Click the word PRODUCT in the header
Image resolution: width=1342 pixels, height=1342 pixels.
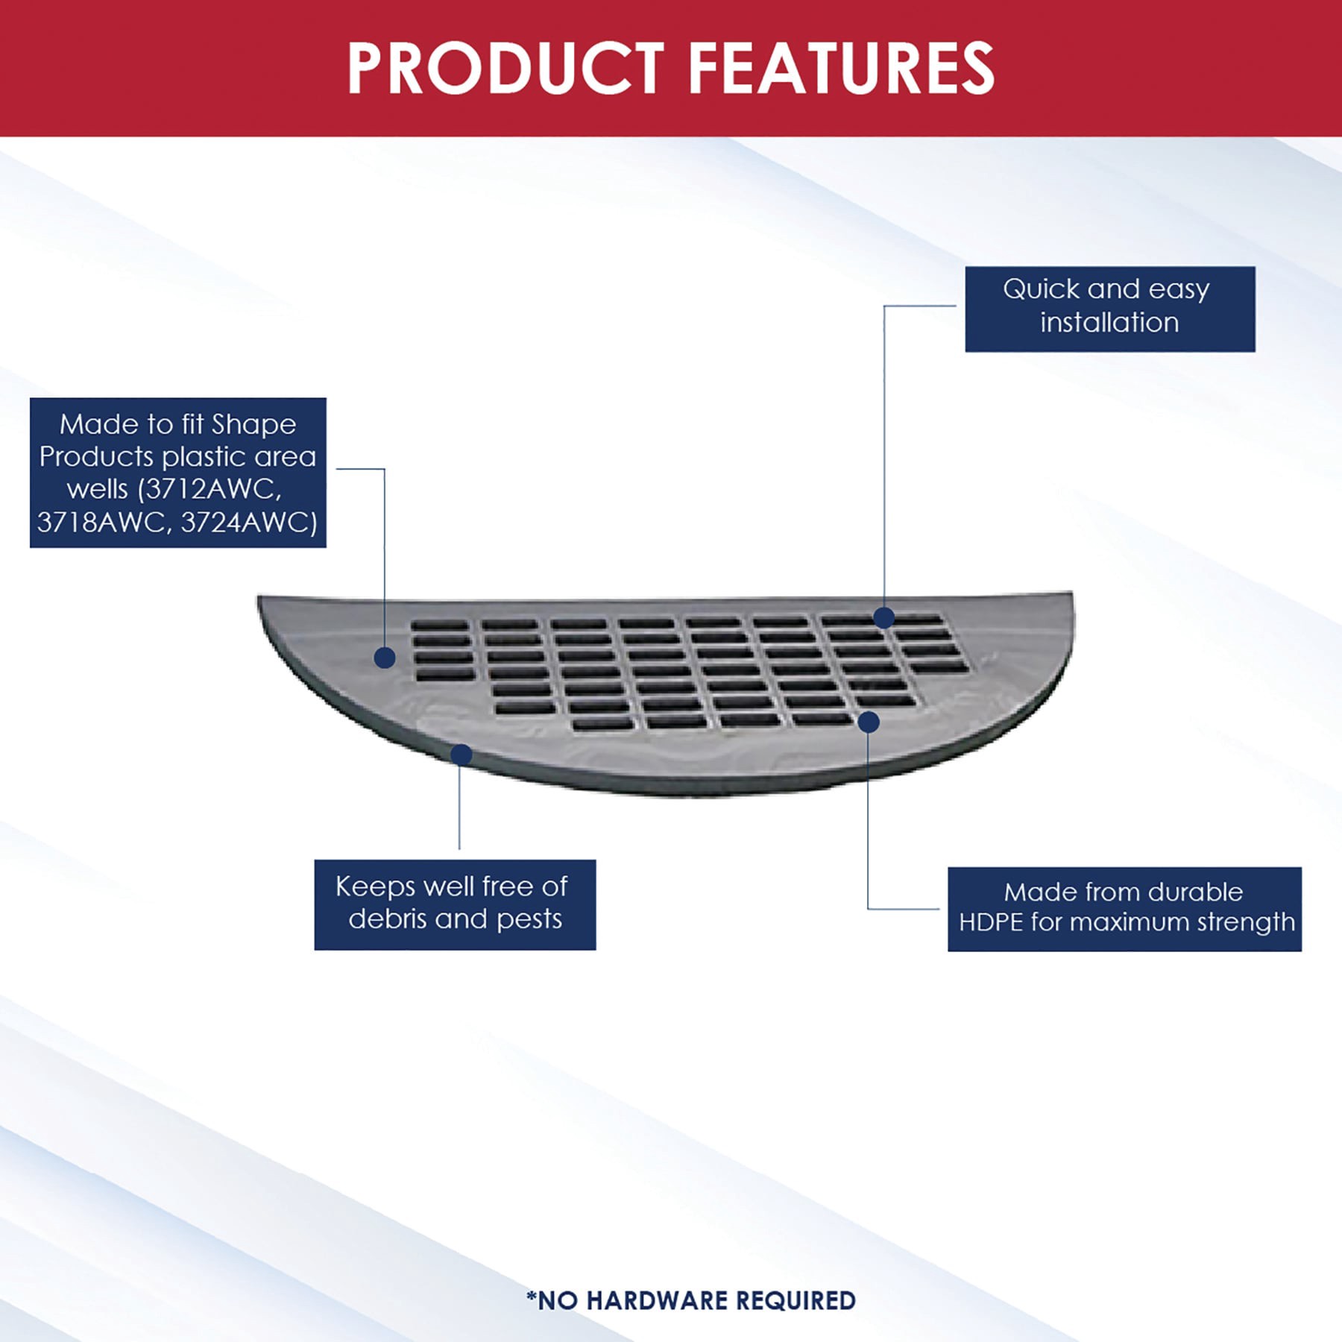coord(505,68)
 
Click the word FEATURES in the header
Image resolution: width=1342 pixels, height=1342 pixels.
coord(840,68)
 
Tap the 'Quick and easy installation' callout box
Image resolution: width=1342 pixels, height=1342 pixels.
coord(1109,309)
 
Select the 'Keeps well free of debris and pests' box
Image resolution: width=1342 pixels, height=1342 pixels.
coord(455,904)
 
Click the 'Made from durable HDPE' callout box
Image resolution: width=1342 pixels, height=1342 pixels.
coord(1124,909)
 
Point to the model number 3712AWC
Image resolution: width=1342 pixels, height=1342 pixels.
coord(212,489)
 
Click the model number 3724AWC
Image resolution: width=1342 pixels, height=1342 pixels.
coord(249,522)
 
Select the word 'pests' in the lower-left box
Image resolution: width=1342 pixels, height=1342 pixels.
coord(529,919)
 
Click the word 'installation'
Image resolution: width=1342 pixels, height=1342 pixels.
coord(1109,323)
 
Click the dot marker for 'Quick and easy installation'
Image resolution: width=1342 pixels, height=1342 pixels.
coord(884,617)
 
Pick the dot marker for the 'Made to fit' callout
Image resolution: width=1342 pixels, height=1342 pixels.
coord(385,658)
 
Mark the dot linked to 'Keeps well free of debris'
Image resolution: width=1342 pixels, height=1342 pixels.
coord(461,755)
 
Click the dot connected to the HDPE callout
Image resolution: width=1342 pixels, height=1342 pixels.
coord(869,722)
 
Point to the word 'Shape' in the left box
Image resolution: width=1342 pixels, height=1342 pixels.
coord(253,425)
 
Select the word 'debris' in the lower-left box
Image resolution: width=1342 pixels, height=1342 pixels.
coord(388,919)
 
